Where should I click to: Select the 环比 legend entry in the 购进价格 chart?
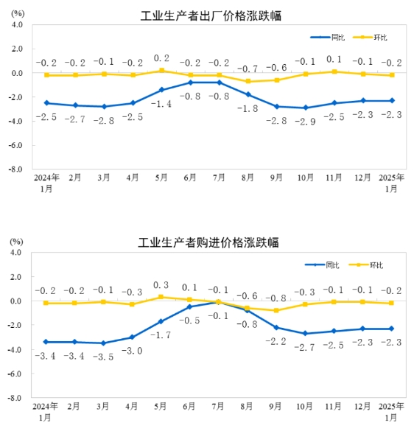coord(376,264)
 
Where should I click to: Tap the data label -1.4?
coord(161,104)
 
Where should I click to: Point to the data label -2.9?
coord(304,120)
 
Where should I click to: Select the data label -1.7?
coord(161,335)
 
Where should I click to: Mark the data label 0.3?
coord(161,285)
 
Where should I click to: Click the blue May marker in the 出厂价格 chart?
coord(161,90)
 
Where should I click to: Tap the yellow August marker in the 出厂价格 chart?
coord(248,81)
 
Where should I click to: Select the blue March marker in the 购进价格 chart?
coord(104,343)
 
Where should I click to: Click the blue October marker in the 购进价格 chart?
coord(305,334)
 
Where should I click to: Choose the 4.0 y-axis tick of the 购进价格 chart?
coord(17,253)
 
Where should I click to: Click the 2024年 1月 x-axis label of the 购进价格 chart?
coord(45,412)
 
